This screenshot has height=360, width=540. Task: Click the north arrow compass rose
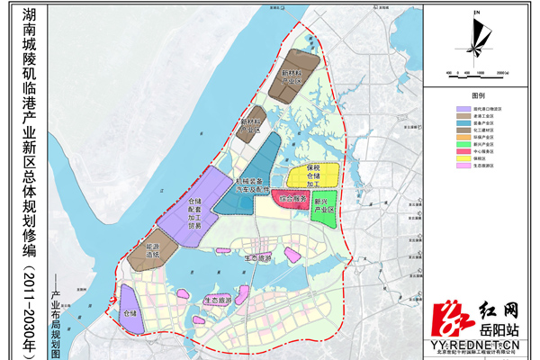click(478, 40)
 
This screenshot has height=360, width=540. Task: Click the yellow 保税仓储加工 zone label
click(312, 175)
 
